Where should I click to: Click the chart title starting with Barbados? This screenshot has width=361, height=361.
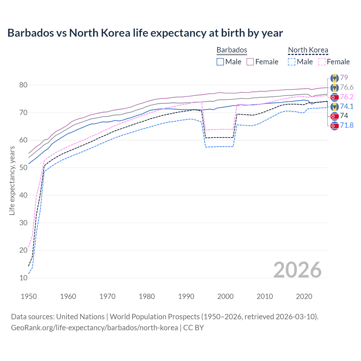pos(145,33)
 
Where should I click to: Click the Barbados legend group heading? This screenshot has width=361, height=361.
pos(232,50)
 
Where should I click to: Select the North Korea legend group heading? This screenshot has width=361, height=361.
pos(308,50)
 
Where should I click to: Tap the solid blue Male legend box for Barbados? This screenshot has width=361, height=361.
pos(220,62)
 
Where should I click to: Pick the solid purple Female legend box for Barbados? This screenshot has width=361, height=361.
pos(250,62)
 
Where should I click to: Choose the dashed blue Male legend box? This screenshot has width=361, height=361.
pos(292,62)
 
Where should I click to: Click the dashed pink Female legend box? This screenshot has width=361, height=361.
pos(322,62)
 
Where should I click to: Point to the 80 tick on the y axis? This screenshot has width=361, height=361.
pos(23,85)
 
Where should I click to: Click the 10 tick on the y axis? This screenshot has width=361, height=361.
pos(23,278)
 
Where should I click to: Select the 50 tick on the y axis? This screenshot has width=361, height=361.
pos(23,168)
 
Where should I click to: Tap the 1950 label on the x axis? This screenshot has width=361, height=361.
pos(29,296)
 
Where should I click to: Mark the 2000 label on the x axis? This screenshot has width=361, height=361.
pos(225,296)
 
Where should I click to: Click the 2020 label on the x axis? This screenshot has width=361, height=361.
pos(304,296)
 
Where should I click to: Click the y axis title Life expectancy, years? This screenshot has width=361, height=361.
pos(12,180)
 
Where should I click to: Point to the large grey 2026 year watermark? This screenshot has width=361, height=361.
pos(297,270)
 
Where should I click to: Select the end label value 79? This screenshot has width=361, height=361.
pos(344,78)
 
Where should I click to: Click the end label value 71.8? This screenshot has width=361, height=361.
pos(347,125)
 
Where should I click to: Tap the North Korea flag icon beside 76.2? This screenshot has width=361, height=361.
pos(334,97)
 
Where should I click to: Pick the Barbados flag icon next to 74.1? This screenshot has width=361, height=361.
pos(334,107)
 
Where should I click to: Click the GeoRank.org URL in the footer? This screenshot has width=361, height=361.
pos(94,328)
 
